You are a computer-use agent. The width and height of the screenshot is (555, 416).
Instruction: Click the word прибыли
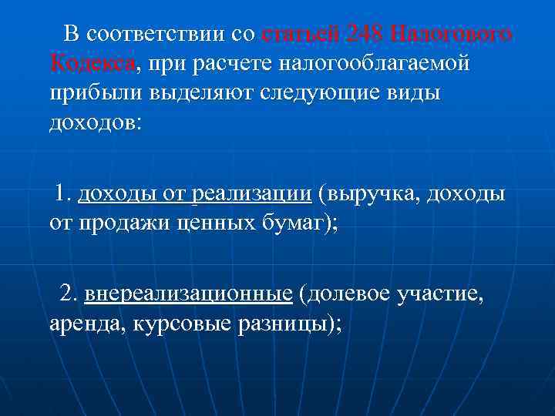point(89,93)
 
